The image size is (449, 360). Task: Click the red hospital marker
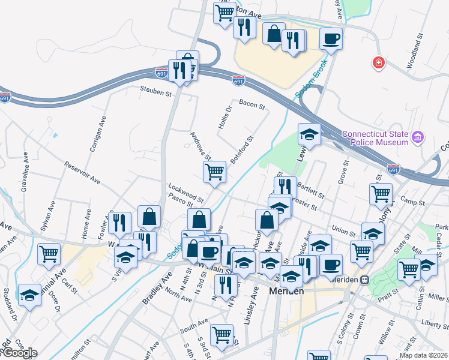point(379,62)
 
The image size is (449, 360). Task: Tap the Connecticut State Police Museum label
point(375,138)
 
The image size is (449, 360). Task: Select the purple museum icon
point(418,138)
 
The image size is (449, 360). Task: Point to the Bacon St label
point(252,105)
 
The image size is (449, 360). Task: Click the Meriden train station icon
point(364,280)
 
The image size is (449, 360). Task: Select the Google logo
point(19,353)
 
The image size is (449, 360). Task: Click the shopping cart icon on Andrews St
point(215,172)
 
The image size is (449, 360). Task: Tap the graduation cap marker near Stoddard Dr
point(29,295)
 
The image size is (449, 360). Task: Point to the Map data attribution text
point(423,355)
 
